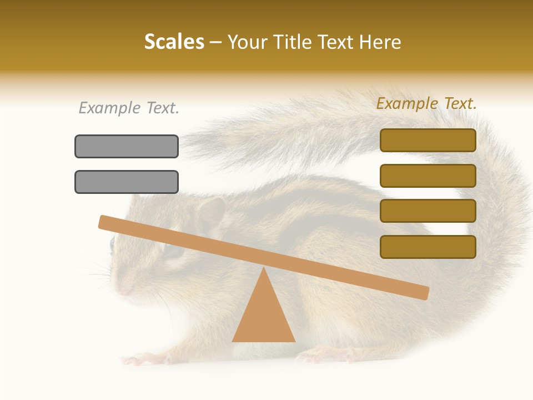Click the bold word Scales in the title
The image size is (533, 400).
click(174, 42)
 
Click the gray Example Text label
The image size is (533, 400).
click(129, 108)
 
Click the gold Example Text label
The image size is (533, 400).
click(426, 103)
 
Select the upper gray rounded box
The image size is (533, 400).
click(127, 146)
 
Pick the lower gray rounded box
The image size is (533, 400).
click(127, 182)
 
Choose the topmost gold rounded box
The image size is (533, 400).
click(428, 140)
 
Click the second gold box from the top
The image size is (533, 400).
click(428, 176)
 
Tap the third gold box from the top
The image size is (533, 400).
click(428, 211)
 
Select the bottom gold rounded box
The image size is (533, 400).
click(428, 247)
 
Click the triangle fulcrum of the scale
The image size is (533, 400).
click(263, 311)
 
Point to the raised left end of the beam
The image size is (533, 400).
click(105, 222)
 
